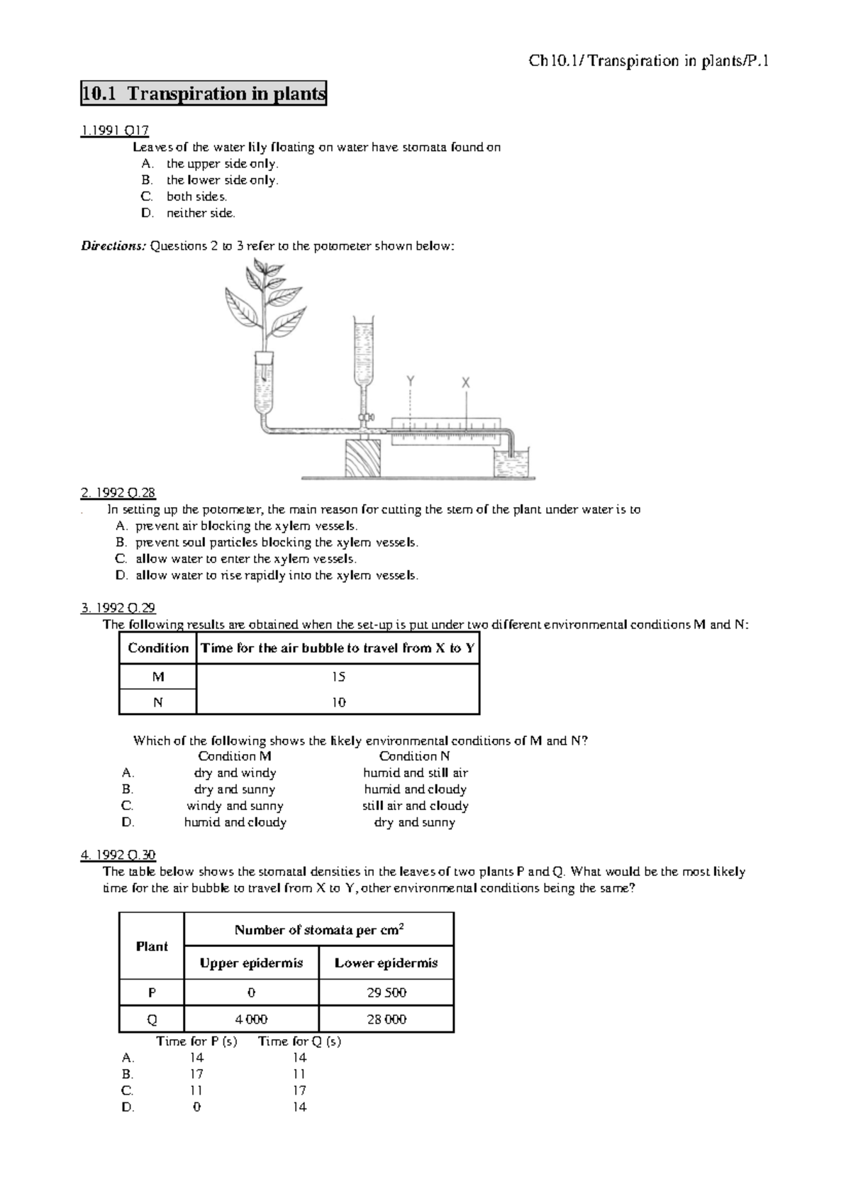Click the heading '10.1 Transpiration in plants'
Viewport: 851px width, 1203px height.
204,93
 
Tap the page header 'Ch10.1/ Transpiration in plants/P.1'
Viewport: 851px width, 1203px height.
649,61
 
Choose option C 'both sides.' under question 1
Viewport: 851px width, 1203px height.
196,196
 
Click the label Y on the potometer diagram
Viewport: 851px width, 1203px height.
410,382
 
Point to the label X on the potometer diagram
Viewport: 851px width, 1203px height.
466,382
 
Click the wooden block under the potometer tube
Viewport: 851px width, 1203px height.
362,458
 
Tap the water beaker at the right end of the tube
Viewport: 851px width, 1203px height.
512,464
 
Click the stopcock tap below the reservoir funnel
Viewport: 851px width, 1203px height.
364,417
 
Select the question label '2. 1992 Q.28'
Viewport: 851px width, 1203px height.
118,492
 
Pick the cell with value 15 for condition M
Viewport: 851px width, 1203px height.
338,677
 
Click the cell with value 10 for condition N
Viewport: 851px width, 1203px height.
338,702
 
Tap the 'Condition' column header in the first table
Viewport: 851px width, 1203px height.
157,648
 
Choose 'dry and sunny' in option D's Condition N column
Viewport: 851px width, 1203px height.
415,823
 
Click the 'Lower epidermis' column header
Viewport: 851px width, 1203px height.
386,963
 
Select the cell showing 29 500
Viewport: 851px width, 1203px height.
386,992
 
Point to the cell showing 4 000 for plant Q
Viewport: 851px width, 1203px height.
251,1019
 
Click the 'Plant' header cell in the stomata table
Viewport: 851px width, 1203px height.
152,946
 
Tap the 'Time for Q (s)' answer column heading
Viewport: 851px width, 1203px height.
299,1041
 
